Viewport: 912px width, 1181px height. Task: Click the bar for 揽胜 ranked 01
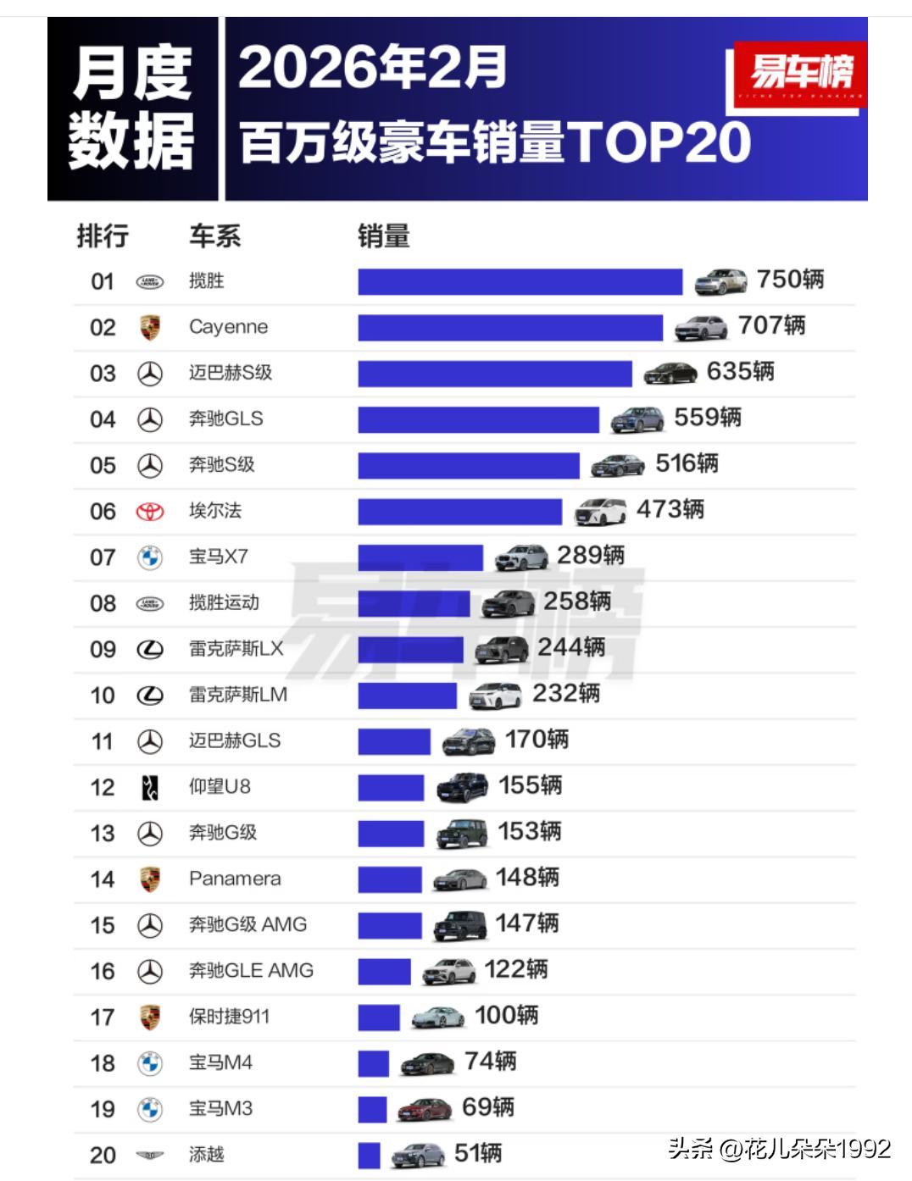pos(520,281)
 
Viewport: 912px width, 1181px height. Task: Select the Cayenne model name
pos(228,327)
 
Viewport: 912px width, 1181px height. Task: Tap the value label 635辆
pos(740,372)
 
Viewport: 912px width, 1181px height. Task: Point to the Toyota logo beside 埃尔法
pos(150,512)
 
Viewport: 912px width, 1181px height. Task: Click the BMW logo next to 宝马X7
pos(150,557)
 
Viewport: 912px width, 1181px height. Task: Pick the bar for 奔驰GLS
pos(478,419)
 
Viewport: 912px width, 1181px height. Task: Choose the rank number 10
pos(103,696)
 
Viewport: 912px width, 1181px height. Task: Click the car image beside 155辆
pos(462,787)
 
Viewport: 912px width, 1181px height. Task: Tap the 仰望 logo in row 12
pos(150,788)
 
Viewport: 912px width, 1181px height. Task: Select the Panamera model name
pos(235,879)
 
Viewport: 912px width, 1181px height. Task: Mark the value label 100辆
pos(506,1015)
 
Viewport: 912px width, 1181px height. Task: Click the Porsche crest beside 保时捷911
pos(150,1017)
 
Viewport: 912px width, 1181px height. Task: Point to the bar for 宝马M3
pos(372,1109)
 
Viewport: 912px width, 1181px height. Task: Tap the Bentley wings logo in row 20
pos(150,1155)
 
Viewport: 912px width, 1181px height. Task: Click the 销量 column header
pos(383,236)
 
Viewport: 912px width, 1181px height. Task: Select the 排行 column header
pos(103,236)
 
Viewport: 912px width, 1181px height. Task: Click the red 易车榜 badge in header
pos(799,74)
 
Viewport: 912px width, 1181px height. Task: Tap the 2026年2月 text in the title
pos(372,68)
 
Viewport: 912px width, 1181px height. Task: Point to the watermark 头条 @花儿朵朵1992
pos(779,1149)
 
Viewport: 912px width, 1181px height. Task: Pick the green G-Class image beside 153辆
pos(462,833)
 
